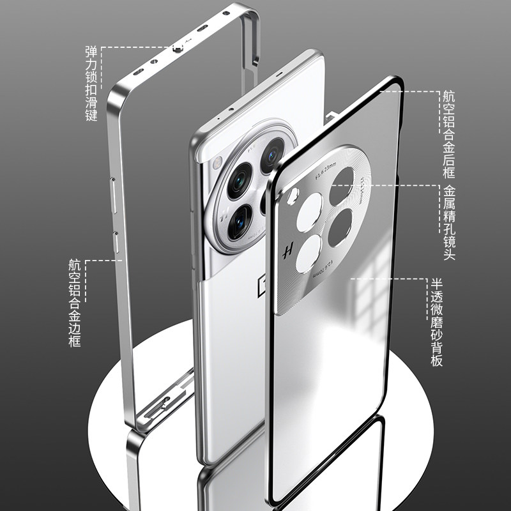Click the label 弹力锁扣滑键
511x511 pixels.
(x=91, y=84)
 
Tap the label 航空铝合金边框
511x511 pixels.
(x=75, y=303)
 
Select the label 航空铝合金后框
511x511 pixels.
(x=450, y=134)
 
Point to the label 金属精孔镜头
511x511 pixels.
(x=450, y=222)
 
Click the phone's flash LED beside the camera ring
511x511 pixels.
(x=217, y=162)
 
